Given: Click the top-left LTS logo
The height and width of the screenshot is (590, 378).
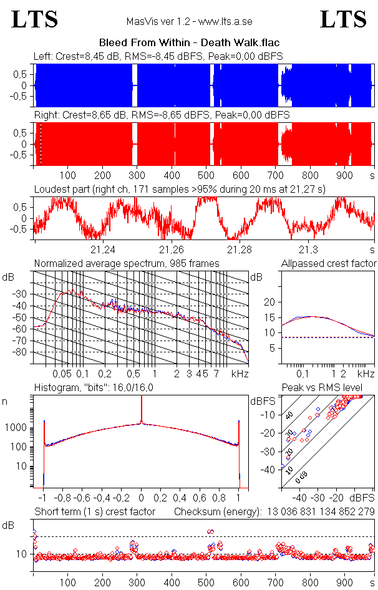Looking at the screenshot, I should coord(35,20).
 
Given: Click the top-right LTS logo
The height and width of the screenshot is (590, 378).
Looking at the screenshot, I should coord(343,20).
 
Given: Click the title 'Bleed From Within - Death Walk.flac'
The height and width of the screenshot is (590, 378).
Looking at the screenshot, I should coord(189,43).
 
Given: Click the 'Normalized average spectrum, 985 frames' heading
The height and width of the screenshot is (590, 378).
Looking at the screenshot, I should coord(127,264).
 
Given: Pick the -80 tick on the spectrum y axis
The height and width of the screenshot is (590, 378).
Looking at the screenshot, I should coord(24,352).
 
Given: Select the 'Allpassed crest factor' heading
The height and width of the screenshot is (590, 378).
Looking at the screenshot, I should coord(329,264).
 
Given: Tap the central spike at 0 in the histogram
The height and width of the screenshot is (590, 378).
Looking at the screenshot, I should coord(142,412).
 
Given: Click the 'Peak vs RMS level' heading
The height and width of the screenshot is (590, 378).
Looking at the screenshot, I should coord(331,388).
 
